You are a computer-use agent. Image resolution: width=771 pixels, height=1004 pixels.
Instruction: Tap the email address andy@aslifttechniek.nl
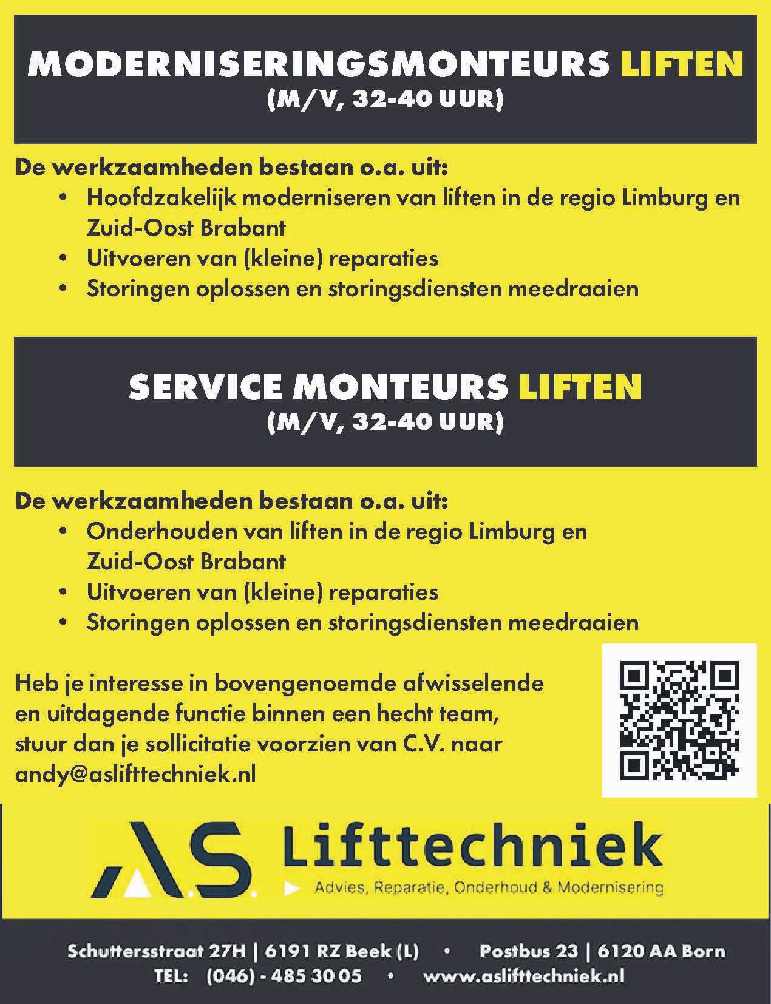(135, 774)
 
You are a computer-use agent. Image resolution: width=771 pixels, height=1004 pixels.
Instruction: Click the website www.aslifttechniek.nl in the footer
(523, 975)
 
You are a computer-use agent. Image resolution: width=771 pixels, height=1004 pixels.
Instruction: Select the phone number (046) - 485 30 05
(284, 975)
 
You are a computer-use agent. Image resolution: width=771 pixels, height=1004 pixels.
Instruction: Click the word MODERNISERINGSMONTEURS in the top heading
(318, 66)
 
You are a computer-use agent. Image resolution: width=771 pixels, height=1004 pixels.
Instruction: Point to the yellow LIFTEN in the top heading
(682, 66)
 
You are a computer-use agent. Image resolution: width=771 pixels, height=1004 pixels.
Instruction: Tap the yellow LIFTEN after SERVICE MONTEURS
(580, 387)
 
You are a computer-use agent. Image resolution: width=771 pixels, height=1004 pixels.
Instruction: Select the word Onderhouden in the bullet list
(161, 532)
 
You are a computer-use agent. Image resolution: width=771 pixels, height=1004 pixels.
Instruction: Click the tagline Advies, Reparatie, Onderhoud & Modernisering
(489, 887)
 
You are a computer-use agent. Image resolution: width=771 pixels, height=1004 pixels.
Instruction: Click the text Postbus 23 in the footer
(528, 951)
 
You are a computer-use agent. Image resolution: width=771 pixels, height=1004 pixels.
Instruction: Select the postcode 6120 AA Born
(661, 951)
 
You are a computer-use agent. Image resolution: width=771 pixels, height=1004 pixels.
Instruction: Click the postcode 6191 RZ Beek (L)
(342, 951)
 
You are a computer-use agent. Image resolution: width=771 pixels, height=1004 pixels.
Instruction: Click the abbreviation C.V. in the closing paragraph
(417, 744)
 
